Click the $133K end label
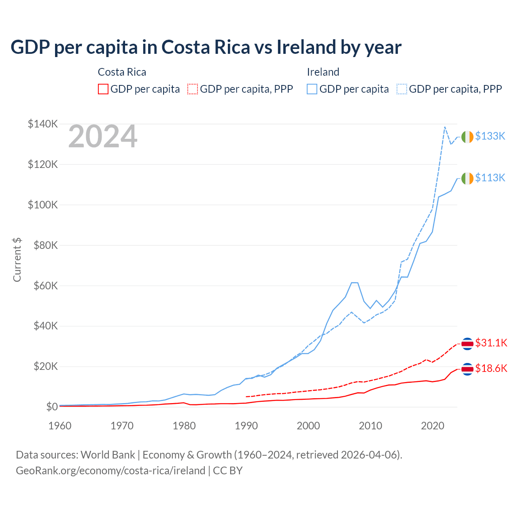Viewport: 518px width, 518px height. coord(490,136)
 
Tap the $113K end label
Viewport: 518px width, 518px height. coord(490,178)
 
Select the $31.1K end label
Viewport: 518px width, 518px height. coord(491,343)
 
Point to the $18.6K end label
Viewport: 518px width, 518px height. coord(491,368)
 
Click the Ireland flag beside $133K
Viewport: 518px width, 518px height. coord(467,137)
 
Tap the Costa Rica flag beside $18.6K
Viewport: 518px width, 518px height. coord(467,369)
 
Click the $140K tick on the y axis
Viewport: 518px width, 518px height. coord(43,124)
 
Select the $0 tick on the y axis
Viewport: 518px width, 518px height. coord(52,407)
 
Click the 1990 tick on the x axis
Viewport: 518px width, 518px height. coord(246,426)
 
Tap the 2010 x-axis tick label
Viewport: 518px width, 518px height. coord(371,426)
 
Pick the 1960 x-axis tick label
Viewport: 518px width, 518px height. coord(60,426)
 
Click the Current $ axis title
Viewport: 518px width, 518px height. coord(17,260)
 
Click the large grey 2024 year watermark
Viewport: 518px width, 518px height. coord(103,137)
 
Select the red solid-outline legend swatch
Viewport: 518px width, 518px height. coord(103,89)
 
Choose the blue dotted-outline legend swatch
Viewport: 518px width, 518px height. coord(402,89)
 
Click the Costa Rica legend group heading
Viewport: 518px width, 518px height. coord(122,72)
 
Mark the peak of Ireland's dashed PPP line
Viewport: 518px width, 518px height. coord(445,127)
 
